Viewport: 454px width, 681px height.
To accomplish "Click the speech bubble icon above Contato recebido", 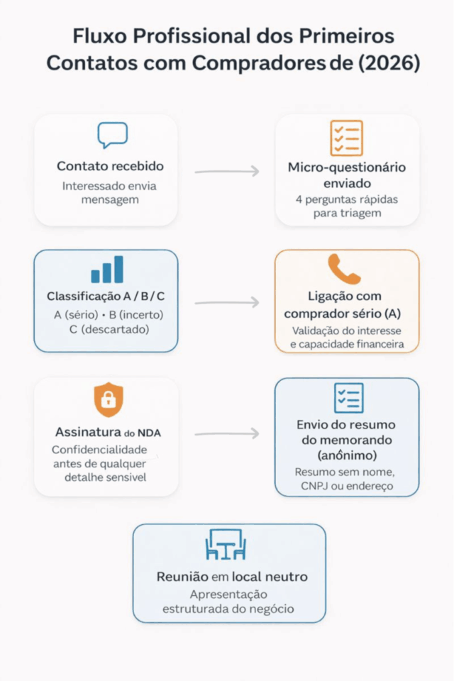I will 113,135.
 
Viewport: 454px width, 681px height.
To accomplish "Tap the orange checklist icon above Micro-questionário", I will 346,138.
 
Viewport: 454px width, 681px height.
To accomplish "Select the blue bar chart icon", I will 107,270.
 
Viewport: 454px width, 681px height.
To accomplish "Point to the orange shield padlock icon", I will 108,399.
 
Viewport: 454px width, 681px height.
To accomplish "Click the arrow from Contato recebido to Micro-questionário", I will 226,172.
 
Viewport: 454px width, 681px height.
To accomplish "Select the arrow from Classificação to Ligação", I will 226,303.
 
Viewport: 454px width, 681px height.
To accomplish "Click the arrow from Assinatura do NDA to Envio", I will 226,433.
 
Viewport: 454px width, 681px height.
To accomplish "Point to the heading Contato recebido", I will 110,167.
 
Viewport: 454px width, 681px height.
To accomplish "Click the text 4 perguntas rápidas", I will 347,199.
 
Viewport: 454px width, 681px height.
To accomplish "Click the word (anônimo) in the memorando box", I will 347,454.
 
